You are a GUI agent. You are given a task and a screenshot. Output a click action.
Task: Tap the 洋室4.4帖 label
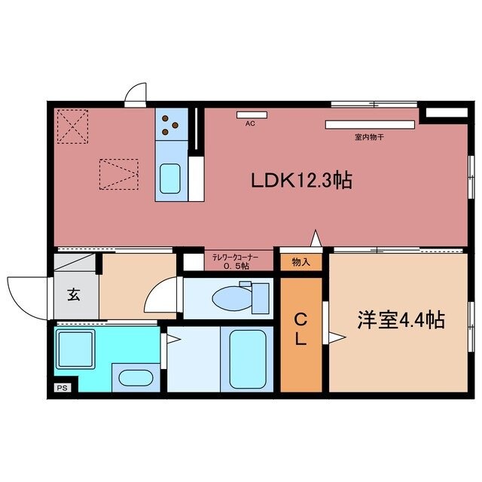pos(400,320)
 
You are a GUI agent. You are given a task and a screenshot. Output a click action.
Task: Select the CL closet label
pos(300,328)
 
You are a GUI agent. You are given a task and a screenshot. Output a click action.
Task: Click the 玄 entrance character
pos(75,294)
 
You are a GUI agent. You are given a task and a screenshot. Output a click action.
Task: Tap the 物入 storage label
pos(300,262)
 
